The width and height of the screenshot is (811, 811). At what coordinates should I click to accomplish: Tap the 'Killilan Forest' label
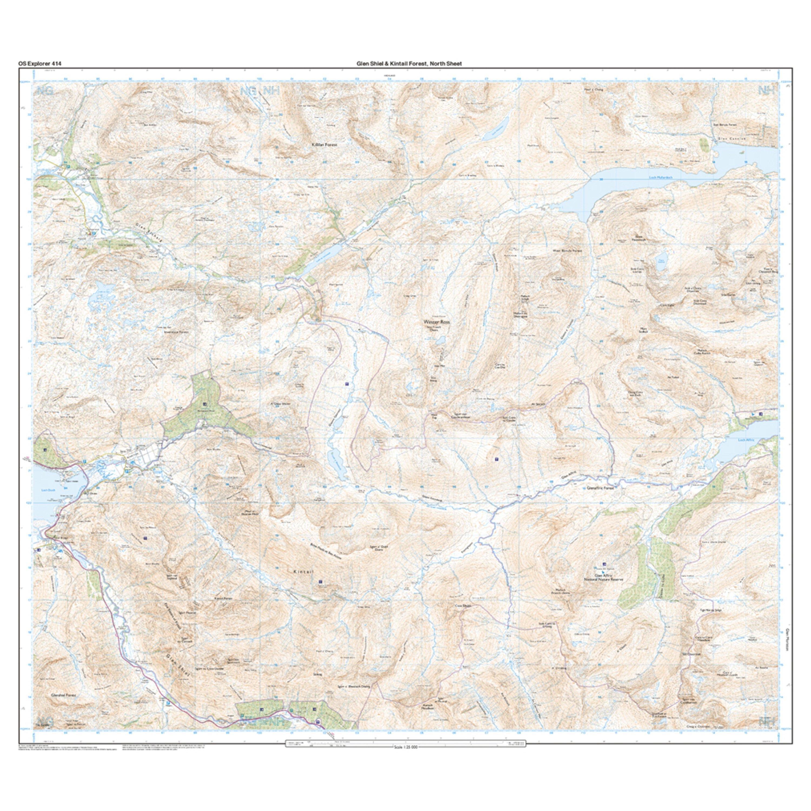pos(324,144)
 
